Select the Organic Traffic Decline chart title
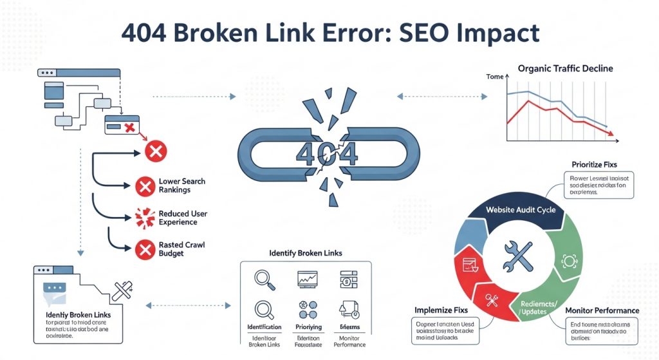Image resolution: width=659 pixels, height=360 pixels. pyautogui.click(x=565, y=68)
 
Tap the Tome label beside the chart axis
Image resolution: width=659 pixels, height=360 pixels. pyautogui.click(x=495, y=77)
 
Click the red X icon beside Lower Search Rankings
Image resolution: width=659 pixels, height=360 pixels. pyautogui.click(x=144, y=187)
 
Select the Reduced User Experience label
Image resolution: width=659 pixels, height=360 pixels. pyautogui.click(x=183, y=218)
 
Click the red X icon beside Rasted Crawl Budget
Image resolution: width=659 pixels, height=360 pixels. pyautogui.click(x=144, y=249)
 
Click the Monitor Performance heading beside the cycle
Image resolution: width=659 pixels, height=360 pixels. pyautogui.click(x=602, y=310)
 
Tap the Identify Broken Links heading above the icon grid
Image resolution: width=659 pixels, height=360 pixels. pyautogui.click(x=305, y=254)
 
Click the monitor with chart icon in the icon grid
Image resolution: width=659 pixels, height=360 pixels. pyautogui.click(x=307, y=279)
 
